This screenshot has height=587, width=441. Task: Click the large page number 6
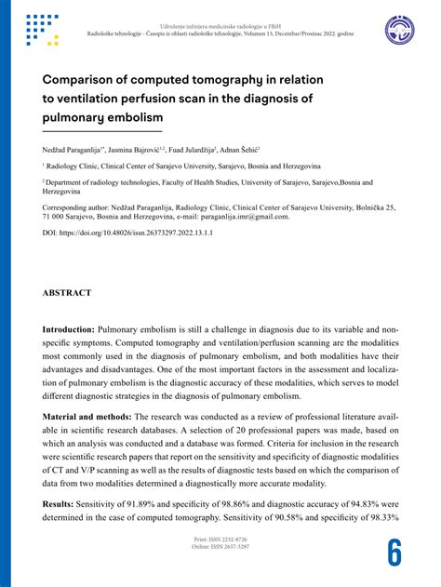tap(395, 553)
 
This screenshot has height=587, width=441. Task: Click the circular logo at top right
tap(402, 31)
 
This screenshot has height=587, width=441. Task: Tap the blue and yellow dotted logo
tap(43, 31)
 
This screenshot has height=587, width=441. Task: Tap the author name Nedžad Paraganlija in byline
tap(73, 149)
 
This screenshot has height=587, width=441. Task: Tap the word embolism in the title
tap(132, 118)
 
